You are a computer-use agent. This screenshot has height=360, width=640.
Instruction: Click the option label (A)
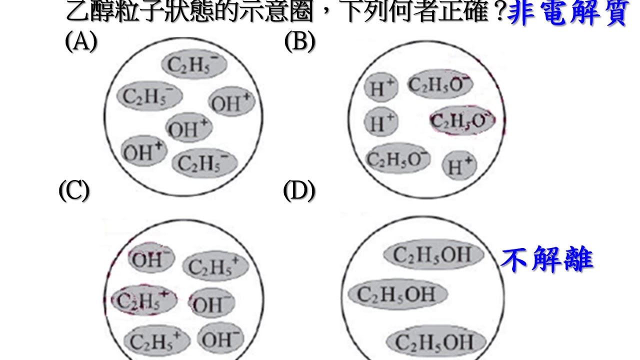(x=80, y=42)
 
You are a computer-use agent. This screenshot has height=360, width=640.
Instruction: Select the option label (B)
(x=299, y=42)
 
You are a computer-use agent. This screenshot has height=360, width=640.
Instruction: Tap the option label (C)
(x=73, y=190)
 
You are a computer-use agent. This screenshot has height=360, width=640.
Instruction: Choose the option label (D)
(x=299, y=190)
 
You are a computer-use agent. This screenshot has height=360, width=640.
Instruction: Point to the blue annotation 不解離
(x=547, y=259)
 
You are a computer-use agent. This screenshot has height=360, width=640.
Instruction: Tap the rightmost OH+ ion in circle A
(x=230, y=103)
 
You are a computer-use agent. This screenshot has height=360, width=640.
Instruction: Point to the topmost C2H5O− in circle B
(x=440, y=84)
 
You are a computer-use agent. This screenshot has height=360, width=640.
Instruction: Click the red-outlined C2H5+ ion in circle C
(x=144, y=299)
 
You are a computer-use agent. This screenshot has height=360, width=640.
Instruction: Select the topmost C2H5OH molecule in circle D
(x=433, y=255)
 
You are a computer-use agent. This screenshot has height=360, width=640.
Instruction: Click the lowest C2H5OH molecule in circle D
(x=434, y=343)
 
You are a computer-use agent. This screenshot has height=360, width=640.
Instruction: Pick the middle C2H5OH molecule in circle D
(x=397, y=294)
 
